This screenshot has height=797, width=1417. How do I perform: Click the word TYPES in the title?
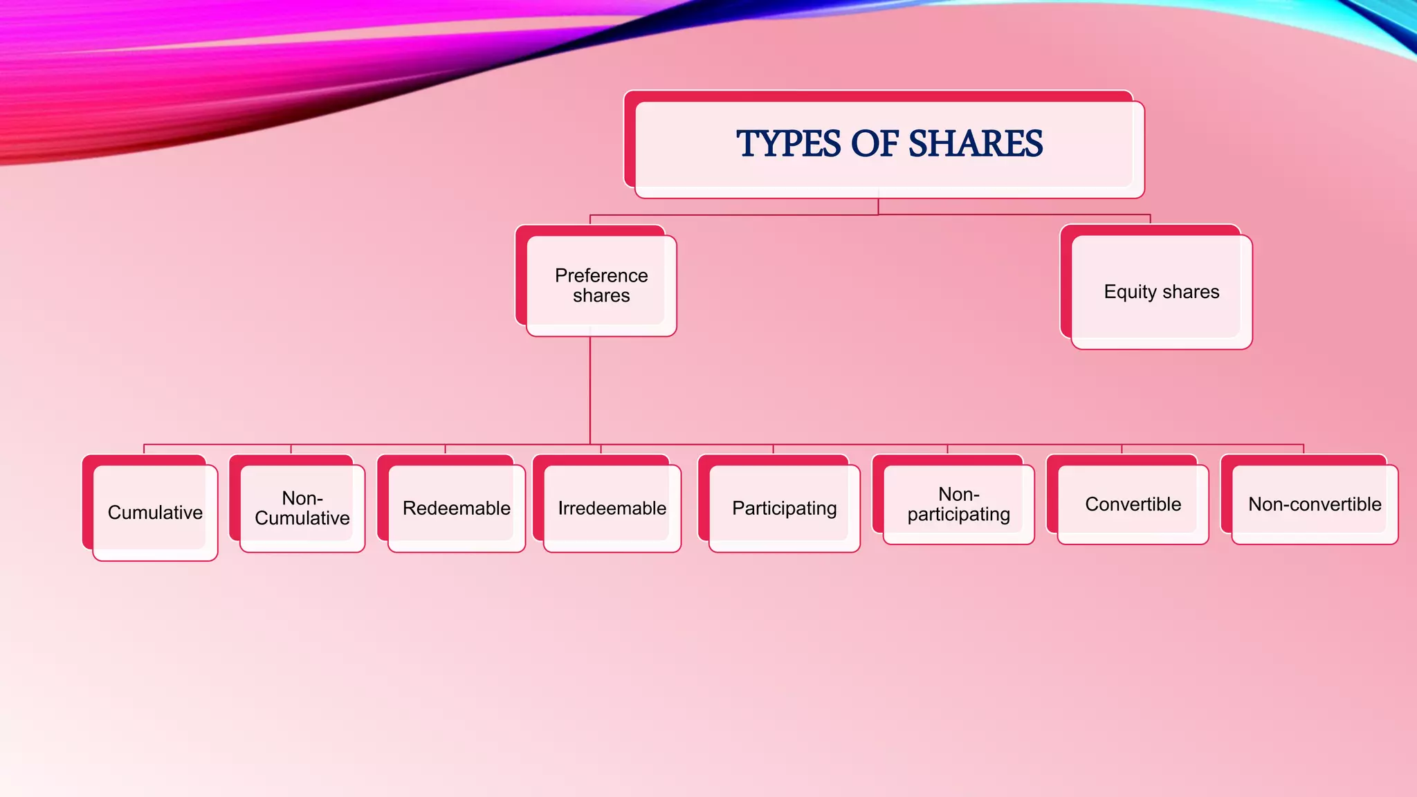(x=788, y=144)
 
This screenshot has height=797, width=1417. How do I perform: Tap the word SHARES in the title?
(x=975, y=144)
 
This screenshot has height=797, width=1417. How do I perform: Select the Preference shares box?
(x=601, y=286)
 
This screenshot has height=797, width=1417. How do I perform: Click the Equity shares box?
(x=1162, y=292)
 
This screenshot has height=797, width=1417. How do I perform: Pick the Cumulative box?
(x=155, y=513)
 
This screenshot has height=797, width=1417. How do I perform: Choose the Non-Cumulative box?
(x=302, y=509)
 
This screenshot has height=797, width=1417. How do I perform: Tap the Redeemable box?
(x=457, y=509)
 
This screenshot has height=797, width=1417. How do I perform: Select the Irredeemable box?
(x=612, y=509)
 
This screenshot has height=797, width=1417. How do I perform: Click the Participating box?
(x=785, y=509)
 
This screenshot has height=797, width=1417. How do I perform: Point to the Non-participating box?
(x=959, y=504)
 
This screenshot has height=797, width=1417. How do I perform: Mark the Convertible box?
(x=1133, y=504)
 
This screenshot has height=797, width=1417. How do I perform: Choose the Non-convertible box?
(x=1315, y=504)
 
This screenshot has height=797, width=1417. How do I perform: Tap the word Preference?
(x=601, y=275)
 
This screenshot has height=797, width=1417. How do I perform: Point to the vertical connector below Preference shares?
(x=590, y=391)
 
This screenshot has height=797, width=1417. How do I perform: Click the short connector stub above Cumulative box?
(x=144, y=449)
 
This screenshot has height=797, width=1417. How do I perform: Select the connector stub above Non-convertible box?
(x=1304, y=449)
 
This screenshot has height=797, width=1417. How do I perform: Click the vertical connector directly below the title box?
(x=878, y=206)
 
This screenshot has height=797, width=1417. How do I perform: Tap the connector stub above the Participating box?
(x=773, y=449)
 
